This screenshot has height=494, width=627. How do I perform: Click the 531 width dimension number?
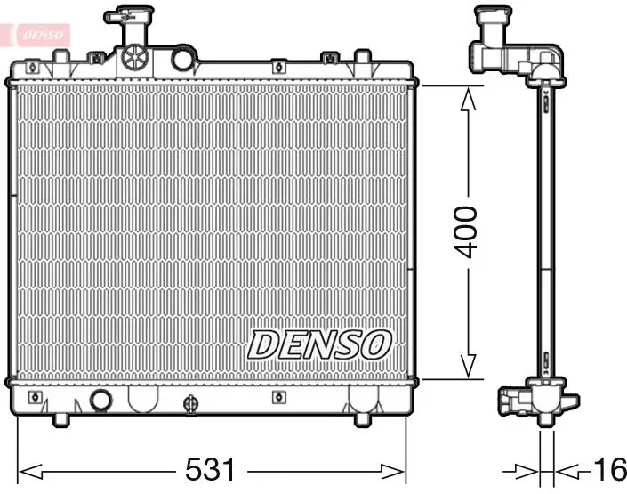tap(211, 470)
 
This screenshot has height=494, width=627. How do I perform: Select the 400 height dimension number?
tap(467, 232)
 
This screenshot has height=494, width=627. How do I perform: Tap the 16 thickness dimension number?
tap(610, 470)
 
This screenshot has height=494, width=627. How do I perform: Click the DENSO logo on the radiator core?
tap(319, 344)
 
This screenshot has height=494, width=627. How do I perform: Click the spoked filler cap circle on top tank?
tap(135, 57)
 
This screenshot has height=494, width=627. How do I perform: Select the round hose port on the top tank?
tap(182, 59)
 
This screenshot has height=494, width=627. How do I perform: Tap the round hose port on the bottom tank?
tap(100, 400)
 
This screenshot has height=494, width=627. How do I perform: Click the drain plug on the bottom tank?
tap(190, 404)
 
